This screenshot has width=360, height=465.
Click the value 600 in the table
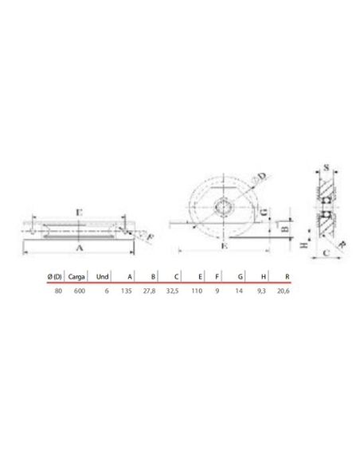tap(78, 291)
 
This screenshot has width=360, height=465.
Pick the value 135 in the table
tap(126, 291)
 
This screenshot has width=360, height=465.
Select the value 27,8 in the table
tap(150, 291)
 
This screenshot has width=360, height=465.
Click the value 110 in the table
tap(196, 291)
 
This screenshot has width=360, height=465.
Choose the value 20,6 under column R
tap(281, 291)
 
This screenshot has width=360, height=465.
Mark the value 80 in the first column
tap(58, 291)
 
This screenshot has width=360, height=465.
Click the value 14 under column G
tap(238, 291)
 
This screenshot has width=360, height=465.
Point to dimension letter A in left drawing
tap(78, 248)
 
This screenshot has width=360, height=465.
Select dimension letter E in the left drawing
tap(76, 213)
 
